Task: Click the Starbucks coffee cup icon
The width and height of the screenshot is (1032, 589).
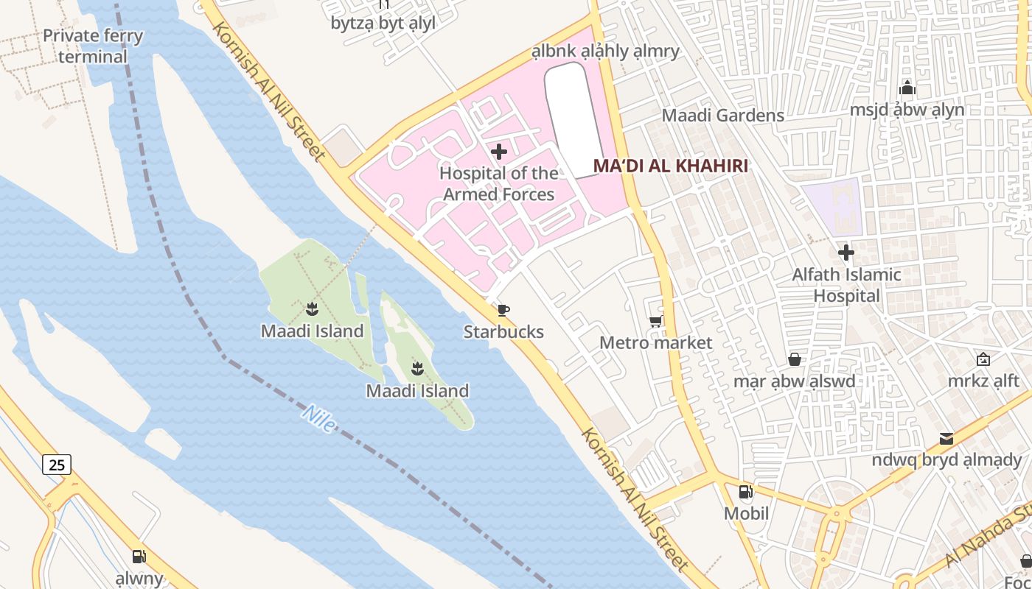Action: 503,310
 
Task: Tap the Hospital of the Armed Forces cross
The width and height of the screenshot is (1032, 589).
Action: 499,152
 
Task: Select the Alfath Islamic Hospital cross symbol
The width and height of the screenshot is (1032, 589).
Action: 846,253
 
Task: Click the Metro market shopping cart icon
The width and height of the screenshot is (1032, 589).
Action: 655,321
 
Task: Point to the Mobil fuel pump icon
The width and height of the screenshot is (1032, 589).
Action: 746,491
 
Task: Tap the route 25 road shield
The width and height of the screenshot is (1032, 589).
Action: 57,464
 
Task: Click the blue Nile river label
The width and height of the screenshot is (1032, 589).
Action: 318,418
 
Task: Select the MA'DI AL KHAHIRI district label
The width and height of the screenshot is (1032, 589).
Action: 670,166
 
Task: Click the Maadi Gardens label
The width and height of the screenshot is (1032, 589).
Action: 722,116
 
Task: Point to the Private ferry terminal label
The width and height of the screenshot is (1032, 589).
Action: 93,46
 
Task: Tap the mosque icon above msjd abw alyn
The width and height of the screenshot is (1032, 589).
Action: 907,88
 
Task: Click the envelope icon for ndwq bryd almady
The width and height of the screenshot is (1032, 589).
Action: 946,439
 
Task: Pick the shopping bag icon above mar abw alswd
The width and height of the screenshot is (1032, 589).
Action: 795,359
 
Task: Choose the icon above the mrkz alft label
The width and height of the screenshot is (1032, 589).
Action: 983,359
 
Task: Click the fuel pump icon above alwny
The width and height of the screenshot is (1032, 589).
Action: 139,557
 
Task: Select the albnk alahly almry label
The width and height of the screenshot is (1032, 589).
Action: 605,52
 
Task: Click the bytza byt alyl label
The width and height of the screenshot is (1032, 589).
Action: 383,23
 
